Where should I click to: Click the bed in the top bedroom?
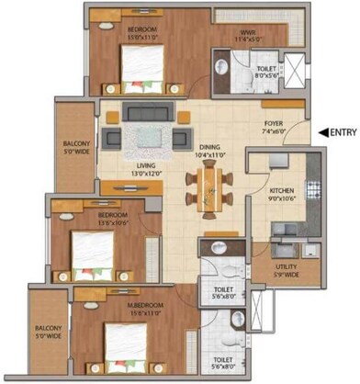tap(141, 68)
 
